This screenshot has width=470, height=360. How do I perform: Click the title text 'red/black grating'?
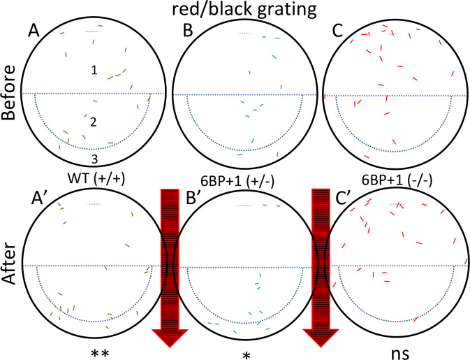pos(244,10)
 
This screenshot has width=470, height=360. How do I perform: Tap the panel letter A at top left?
pos(34,30)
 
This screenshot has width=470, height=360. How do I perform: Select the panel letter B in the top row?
pos(188,30)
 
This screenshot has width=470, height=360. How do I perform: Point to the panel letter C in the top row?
pos(338,31)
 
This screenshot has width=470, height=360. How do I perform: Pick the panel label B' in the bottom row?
pos(193,198)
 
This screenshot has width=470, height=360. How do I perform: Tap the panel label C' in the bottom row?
pos(343,198)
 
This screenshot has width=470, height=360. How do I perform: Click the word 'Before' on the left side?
pos(8,92)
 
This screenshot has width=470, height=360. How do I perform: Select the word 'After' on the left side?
pos(8,263)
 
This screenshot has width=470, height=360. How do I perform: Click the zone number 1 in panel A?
pos(94,70)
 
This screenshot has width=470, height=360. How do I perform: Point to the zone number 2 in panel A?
pos(93,122)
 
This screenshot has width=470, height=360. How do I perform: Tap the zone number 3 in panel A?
pos(94,159)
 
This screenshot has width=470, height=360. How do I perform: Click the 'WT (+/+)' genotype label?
pos(96,179)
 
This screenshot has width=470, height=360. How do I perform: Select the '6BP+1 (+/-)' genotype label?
pos(237,182)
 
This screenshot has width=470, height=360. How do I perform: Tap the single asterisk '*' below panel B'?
pos(247,356)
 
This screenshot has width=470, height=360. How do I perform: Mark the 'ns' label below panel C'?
pos(400,354)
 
